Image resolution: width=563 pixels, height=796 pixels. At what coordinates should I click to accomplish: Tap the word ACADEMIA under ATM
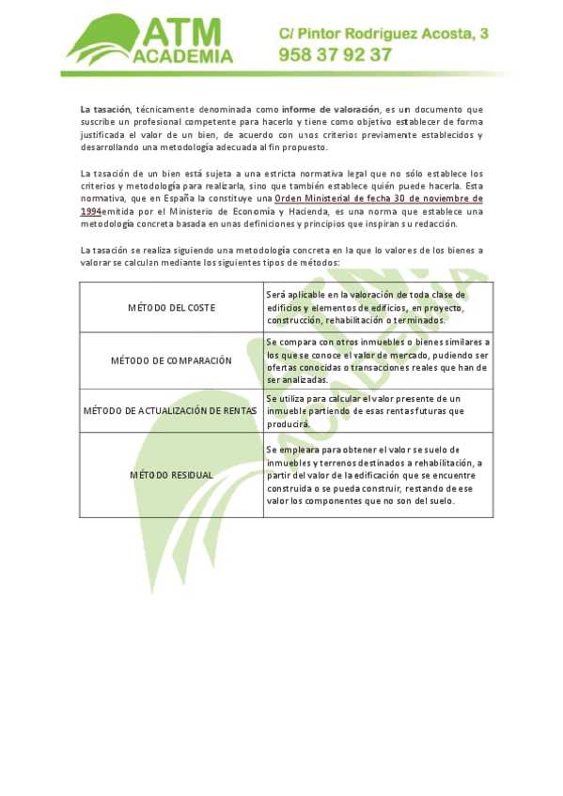184,56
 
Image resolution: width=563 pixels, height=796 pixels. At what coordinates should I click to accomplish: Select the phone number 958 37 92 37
335,55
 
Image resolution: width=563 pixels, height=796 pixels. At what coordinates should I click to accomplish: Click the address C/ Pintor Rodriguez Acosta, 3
383,34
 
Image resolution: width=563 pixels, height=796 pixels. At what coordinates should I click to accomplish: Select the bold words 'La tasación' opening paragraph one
105,111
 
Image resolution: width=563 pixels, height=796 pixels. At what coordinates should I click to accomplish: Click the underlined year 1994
90,211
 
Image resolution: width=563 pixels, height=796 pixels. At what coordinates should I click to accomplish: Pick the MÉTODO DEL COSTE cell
171,308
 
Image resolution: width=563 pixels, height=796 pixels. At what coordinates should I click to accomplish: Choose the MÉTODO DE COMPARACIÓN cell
171,360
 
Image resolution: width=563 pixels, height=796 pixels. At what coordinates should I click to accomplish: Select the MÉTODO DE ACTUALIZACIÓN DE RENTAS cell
171,410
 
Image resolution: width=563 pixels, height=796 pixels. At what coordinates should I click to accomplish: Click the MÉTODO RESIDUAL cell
171,475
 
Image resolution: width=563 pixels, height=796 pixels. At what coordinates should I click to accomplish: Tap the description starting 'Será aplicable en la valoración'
376,307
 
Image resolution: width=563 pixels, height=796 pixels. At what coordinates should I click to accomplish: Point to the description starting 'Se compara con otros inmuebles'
376,360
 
